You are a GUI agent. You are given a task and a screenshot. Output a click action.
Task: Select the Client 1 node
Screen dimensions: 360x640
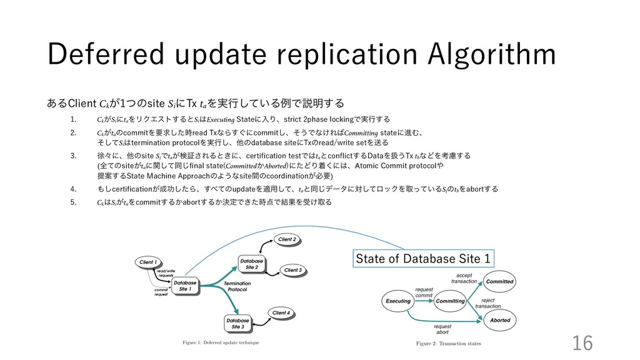(148, 262)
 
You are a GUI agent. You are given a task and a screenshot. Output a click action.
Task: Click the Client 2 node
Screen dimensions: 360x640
(286, 239)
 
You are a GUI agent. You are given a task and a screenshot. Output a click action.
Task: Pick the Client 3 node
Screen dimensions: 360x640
(292, 270)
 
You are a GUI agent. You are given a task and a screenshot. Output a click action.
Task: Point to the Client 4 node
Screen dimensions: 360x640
(281, 312)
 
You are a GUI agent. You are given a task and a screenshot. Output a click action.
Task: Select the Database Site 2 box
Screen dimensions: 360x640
(252, 263)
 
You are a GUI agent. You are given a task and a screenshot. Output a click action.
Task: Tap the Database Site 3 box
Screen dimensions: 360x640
(238, 323)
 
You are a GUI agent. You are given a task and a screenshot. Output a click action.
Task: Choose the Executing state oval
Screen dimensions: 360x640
(398, 301)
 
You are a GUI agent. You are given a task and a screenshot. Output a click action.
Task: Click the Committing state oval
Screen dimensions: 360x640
(450, 301)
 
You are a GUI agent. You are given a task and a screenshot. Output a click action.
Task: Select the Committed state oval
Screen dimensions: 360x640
(500, 282)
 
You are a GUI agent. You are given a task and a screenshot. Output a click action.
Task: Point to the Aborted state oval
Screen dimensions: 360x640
(500, 320)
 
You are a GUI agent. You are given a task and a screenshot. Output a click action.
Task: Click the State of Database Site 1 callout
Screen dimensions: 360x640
(423, 257)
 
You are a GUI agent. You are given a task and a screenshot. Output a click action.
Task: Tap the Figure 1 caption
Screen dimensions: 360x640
(221, 342)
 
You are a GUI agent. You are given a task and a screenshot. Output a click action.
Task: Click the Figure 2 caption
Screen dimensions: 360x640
(449, 343)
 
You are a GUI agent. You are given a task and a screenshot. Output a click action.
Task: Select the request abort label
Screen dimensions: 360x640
(442, 329)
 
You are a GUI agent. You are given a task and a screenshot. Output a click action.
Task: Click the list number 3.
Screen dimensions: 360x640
(73, 155)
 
